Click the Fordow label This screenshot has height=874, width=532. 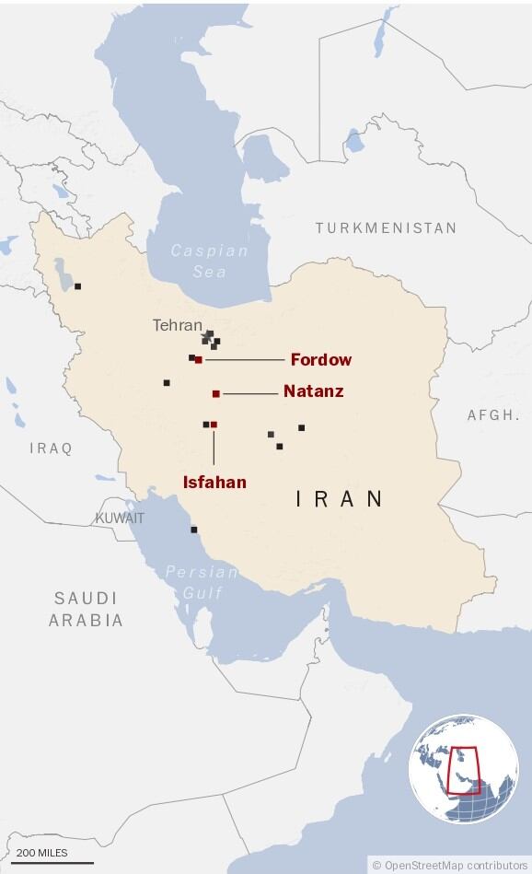point(320,359)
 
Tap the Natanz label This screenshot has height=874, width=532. point(313,391)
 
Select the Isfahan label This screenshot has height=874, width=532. point(214,481)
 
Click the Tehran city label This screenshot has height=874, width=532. point(177,325)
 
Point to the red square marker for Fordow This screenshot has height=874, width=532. point(199,359)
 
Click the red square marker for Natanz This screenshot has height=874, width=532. point(216,393)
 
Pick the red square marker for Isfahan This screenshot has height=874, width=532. point(214,425)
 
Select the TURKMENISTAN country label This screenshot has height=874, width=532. point(386,227)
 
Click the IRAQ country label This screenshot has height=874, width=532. point(51,449)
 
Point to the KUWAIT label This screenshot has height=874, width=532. point(120,519)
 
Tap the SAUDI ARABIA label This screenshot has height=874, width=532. point(86,609)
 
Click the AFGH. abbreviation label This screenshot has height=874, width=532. point(493,415)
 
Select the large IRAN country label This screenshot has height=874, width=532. point(340,499)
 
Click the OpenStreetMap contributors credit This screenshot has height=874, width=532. point(449,865)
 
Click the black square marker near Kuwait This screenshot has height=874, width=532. point(193,530)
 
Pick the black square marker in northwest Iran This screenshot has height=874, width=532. point(77,286)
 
